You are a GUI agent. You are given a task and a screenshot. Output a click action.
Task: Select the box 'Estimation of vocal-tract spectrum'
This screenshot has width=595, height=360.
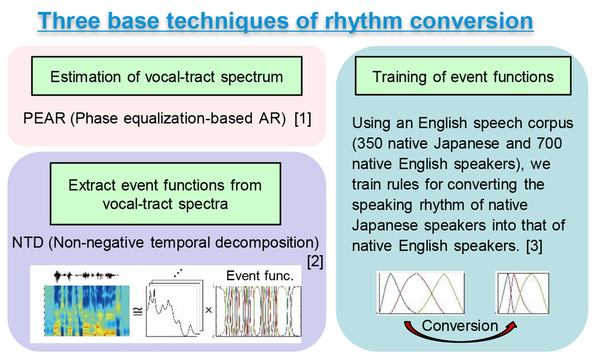pos(167,76)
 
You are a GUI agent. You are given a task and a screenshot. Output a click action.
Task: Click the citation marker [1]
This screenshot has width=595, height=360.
pos(303,118)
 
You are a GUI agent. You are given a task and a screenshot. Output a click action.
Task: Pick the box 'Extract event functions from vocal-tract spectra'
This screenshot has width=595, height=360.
pos(165,194)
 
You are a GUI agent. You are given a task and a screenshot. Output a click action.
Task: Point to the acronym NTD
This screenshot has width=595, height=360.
pos(28,242)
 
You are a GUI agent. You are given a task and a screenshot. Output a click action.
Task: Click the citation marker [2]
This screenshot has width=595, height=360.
pos(315,261)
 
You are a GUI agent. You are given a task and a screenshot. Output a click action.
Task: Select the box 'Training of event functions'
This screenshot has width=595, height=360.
pos(463,76)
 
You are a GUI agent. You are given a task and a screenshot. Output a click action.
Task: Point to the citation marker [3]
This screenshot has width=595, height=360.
pos(534,246)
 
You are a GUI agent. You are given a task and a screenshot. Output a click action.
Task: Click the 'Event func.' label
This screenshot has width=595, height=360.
pos(260,276)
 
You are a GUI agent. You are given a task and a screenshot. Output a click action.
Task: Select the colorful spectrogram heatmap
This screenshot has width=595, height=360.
pos(87,311)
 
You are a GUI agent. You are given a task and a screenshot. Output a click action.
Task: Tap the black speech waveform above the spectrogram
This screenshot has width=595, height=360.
pos(86,276)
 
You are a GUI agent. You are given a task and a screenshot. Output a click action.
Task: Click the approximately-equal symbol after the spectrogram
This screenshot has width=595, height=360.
pos(138,311)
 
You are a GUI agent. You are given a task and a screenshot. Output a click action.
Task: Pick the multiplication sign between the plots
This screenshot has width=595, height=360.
pos(209,310)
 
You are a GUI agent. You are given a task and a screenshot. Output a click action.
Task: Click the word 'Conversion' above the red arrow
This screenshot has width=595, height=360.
pos(460,325)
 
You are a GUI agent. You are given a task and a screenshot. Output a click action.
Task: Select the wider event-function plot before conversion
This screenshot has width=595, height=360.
pos(421,293)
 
